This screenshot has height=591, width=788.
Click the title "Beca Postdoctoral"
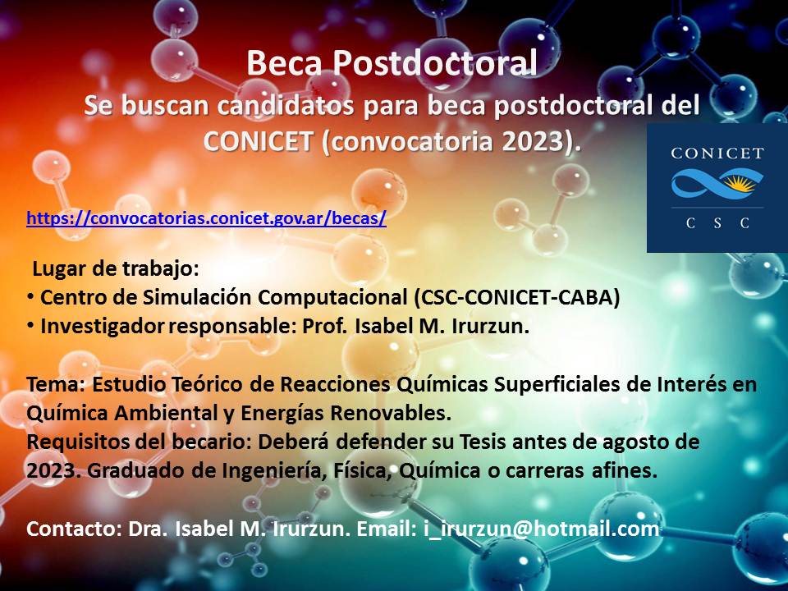(392, 63)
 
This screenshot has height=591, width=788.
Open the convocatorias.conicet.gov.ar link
(206, 218)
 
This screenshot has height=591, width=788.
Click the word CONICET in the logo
(717, 153)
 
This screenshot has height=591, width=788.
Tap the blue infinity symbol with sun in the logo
(717, 183)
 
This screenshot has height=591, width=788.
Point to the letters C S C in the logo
(717, 223)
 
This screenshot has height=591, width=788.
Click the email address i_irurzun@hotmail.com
(541, 529)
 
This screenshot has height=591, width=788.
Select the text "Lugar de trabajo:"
(116, 269)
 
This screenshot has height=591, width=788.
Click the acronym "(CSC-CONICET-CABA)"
(516, 297)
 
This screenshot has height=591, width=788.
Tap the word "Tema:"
(57, 384)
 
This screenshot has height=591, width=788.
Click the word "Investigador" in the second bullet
(102, 326)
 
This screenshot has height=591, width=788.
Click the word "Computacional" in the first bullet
(332, 297)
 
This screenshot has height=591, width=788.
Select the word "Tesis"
(483, 442)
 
